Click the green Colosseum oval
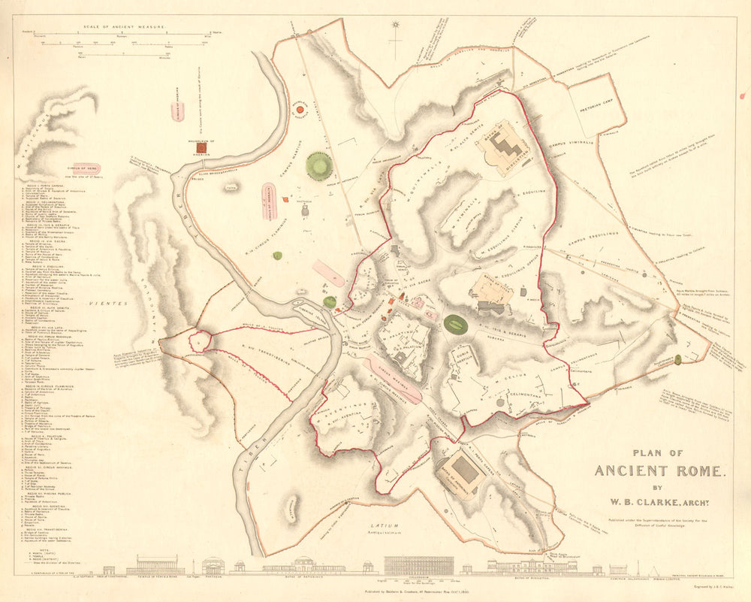click(455, 325)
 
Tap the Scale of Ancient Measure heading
click(125, 26)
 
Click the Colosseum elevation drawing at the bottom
click(418, 565)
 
